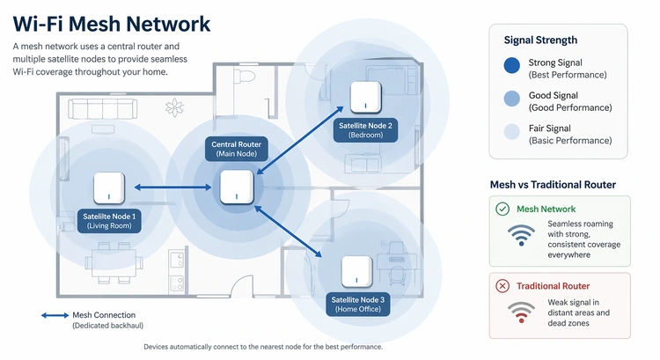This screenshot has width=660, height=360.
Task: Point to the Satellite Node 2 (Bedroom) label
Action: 365,131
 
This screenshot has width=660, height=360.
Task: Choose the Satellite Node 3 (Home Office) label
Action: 358,305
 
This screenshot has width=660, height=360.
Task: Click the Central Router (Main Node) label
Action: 237,149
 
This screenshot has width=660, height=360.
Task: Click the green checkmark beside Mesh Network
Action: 502,209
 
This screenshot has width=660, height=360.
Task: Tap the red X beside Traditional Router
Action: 502,286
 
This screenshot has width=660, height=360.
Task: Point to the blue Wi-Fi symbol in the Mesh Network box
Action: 521,236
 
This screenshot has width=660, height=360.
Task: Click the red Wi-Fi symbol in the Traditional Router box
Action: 521,312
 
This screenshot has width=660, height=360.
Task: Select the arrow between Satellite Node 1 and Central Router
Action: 168,187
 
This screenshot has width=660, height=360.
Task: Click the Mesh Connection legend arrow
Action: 55,314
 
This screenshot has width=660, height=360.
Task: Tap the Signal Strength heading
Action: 540,40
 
